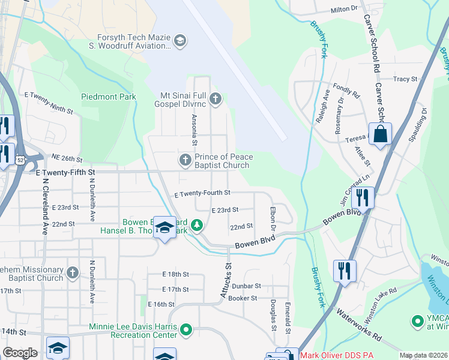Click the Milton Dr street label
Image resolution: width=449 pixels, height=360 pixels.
click(344, 10)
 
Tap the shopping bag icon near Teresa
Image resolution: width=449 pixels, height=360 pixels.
click(381, 134)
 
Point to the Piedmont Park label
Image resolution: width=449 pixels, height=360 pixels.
click(109, 97)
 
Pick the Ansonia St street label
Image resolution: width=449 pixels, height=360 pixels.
click(194, 130)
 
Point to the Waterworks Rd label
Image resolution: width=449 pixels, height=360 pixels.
click(359, 325)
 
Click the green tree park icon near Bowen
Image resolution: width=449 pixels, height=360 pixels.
click(196, 226)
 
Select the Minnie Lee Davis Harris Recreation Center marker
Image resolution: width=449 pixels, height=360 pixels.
click(185, 329)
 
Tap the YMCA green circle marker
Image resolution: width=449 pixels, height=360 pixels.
click(416, 322)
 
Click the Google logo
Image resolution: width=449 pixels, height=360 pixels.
click(20, 353)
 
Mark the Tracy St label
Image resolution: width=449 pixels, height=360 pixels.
click(405, 79)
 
